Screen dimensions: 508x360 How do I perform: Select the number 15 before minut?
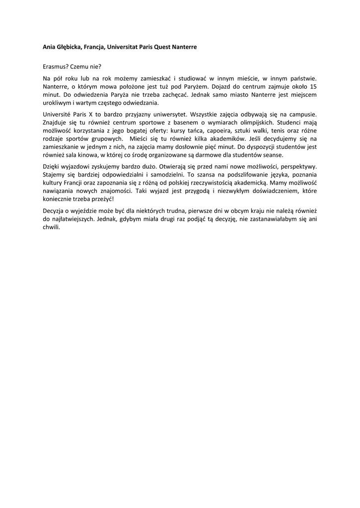point(313,86)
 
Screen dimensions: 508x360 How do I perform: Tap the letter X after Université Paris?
point(97,114)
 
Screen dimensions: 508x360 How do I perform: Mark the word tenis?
point(272,130)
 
